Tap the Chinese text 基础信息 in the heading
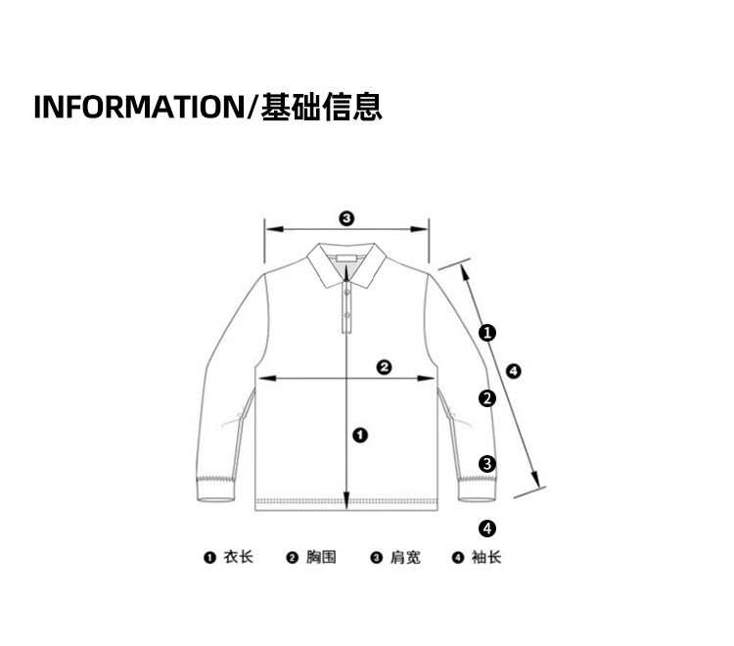coord(321,106)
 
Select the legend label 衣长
coord(238,557)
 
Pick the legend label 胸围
coord(321,557)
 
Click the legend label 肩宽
coord(405,557)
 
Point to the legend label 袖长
coord(486,557)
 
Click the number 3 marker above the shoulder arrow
coord(345,217)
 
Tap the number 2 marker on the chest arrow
coord(385,367)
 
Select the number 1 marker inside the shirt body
coord(359,434)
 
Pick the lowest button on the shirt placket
coord(345,315)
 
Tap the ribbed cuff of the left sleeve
coord(217,487)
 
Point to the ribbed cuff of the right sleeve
coord(479,485)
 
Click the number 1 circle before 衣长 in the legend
coord(208,558)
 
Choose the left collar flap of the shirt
coord(323,267)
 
